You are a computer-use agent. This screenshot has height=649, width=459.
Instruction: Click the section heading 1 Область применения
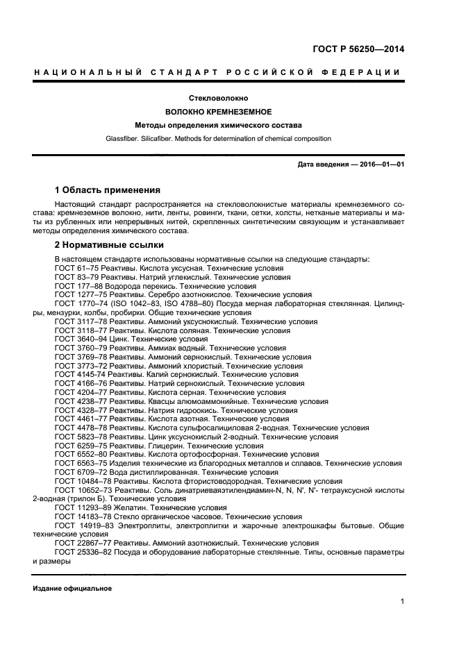(107, 189)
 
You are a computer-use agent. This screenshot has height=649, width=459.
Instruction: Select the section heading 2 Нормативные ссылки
(109, 245)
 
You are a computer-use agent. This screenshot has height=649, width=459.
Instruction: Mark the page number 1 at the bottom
(402, 602)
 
